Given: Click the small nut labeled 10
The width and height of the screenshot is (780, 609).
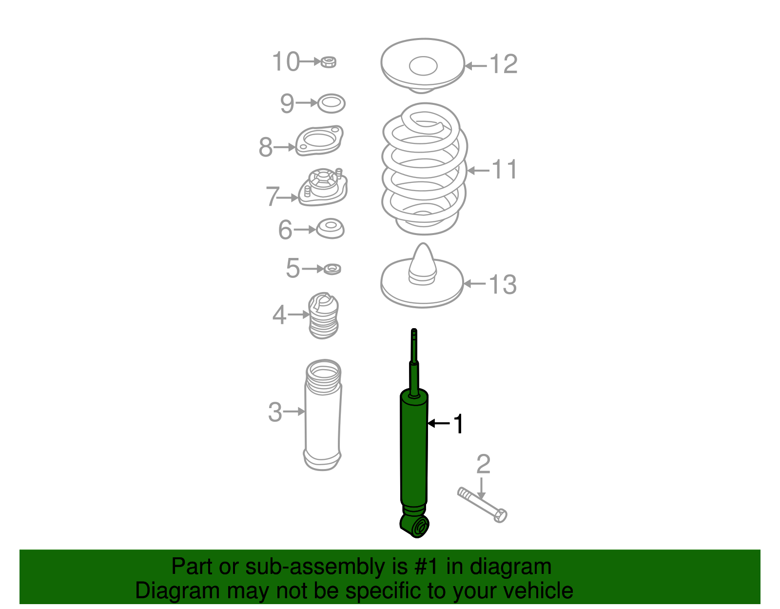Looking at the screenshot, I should coord(329,62).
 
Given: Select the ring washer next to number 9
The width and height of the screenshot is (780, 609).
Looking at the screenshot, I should coord(331,103).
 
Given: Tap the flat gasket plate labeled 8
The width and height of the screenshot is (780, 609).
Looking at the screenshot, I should coord(319,141).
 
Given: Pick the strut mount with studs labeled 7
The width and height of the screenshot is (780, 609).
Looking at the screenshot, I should coord(323,188).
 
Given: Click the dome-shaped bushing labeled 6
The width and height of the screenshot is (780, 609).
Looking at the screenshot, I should coord(331,229).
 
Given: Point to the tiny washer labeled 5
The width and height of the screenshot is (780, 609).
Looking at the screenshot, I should coord(332,269).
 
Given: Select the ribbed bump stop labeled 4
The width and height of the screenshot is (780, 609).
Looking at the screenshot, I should coord(323,316).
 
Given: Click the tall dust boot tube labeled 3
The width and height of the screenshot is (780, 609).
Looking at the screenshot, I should coord(322,417).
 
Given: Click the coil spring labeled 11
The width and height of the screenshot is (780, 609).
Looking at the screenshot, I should coord(424,168).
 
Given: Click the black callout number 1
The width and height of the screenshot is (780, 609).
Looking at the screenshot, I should coord(458,424).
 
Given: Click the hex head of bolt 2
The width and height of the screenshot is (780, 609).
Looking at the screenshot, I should coord(500,515).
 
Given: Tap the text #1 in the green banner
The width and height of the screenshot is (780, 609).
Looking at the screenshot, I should coord(428,567).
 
